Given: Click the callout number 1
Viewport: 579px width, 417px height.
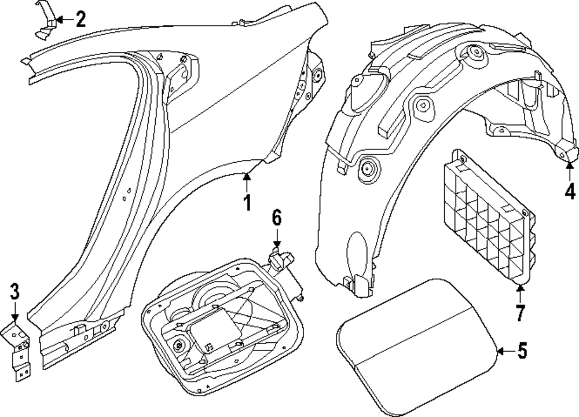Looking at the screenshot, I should click(x=247, y=204).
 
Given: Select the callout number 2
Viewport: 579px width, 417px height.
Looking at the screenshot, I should click(x=80, y=20).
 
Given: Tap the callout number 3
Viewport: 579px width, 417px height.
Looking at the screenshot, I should click(x=14, y=293).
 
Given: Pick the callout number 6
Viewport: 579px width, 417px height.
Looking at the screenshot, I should click(x=276, y=218).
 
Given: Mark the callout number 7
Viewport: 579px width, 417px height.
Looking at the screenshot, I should click(x=519, y=313).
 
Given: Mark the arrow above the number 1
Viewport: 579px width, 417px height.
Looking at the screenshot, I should click(x=247, y=182).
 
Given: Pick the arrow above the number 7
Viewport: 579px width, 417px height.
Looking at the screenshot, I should click(x=519, y=293).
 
